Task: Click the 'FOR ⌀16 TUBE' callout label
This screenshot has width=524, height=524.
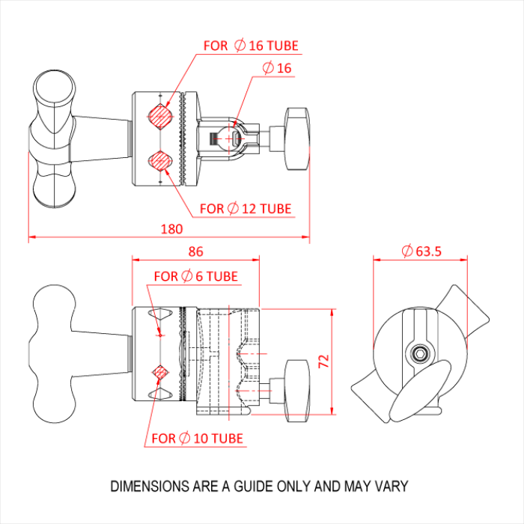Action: tap(251, 46)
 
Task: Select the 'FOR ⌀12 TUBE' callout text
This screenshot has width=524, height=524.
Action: tap(246, 208)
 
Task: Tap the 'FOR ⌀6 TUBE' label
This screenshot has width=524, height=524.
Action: tap(195, 276)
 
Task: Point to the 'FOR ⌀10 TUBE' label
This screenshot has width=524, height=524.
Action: tap(197, 438)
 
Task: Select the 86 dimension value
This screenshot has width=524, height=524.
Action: tap(194, 252)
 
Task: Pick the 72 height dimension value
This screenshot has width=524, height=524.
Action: tap(323, 361)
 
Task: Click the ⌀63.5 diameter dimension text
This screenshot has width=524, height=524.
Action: tap(420, 252)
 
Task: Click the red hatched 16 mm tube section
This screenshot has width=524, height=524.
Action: tap(159, 116)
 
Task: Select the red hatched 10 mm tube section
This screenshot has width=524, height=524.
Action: tap(159, 371)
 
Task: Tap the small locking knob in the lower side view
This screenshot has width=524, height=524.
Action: tap(297, 383)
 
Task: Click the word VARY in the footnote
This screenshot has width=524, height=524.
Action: tap(392, 486)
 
